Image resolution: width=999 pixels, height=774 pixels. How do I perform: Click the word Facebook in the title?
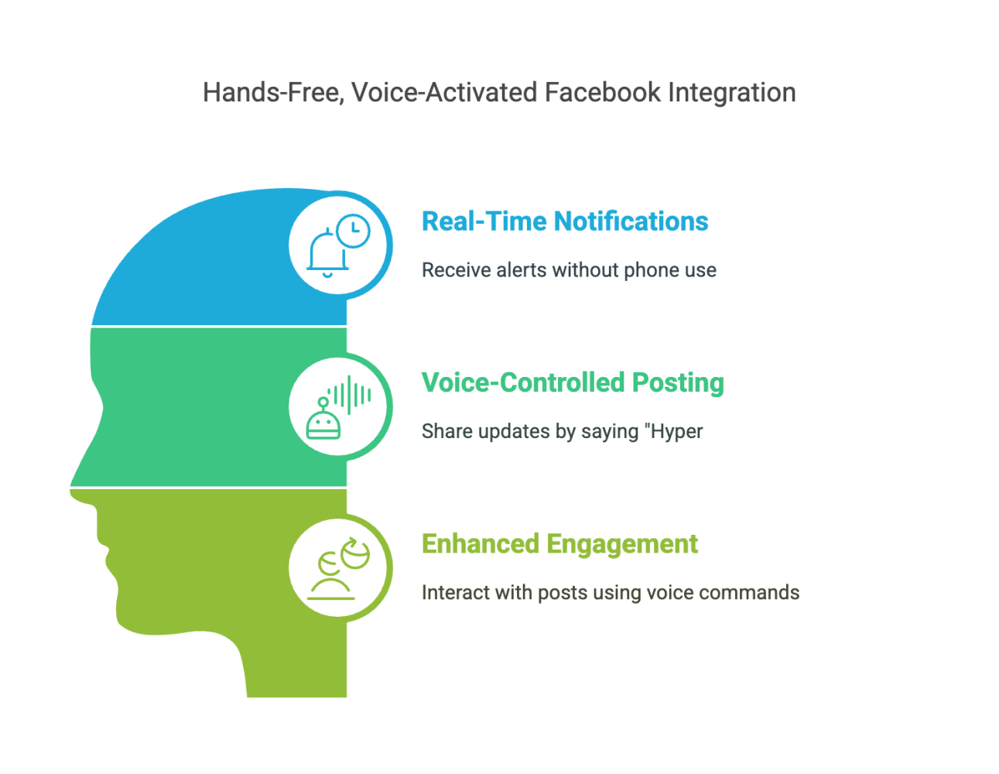pyautogui.click(x=602, y=92)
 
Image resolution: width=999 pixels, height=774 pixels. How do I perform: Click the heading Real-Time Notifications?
pyautogui.click(x=565, y=221)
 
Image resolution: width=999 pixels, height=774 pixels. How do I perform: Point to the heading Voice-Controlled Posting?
pyautogui.click(x=573, y=382)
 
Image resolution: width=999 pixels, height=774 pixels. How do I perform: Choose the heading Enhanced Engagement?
pyautogui.click(x=559, y=543)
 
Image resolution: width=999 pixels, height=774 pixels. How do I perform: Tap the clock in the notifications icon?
pyautogui.click(x=353, y=231)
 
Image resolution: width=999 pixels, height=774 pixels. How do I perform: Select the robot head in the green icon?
pyautogui.click(x=323, y=420)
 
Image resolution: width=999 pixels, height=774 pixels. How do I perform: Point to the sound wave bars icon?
pyautogui.click(x=350, y=395)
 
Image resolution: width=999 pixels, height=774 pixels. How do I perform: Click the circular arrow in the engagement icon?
pyautogui.click(x=355, y=553)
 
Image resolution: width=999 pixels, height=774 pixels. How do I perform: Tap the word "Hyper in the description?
pyautogui.click(x=673, y=432)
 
